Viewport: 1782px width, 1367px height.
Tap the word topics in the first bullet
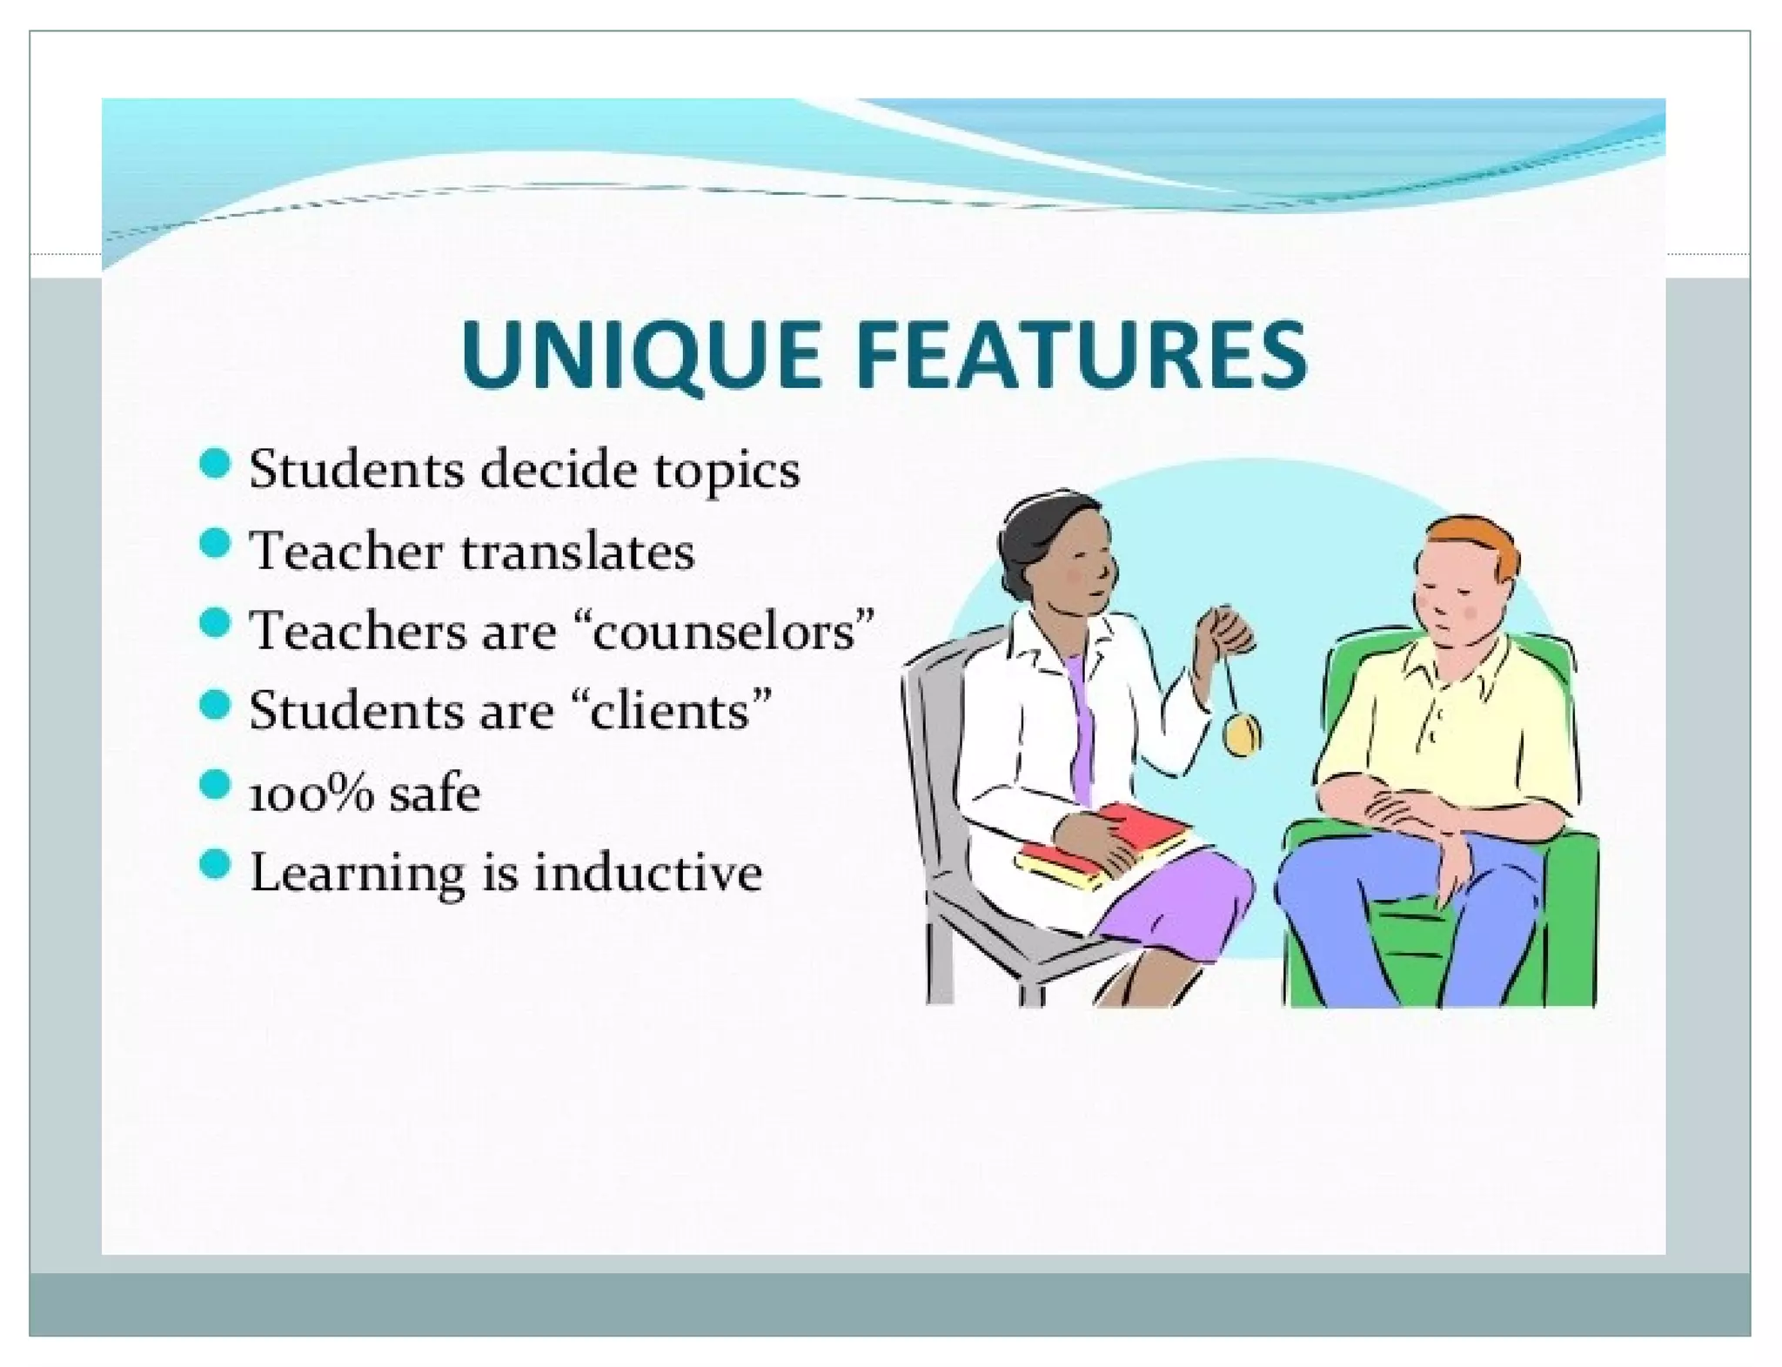coord(727,472)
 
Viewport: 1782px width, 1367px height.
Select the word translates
coord(577,552)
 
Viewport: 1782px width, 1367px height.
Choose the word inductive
coord(647,873)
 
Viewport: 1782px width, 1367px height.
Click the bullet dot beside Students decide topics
coord(214,464)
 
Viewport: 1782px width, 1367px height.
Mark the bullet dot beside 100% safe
coord(214,786)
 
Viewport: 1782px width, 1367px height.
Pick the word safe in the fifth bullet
coord(434,794)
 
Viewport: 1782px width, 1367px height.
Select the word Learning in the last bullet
coord(357,873)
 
